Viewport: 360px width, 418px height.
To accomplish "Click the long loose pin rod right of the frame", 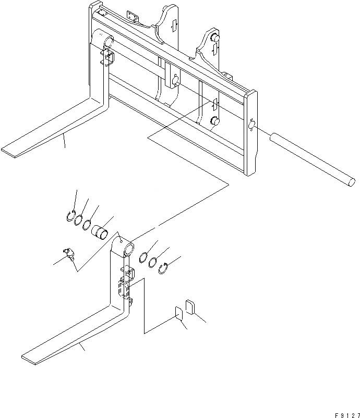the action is tap(313, 159).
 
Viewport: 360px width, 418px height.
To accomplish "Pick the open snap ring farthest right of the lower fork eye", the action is tap(162, 268).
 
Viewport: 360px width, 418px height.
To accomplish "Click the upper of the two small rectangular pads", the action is tap(190, 306).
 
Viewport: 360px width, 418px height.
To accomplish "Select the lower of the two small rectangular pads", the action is tap(178, 314).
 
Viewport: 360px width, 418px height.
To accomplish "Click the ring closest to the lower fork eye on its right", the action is tap(143, 257).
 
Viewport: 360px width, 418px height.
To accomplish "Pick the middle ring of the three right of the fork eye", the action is tap(152, 262).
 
